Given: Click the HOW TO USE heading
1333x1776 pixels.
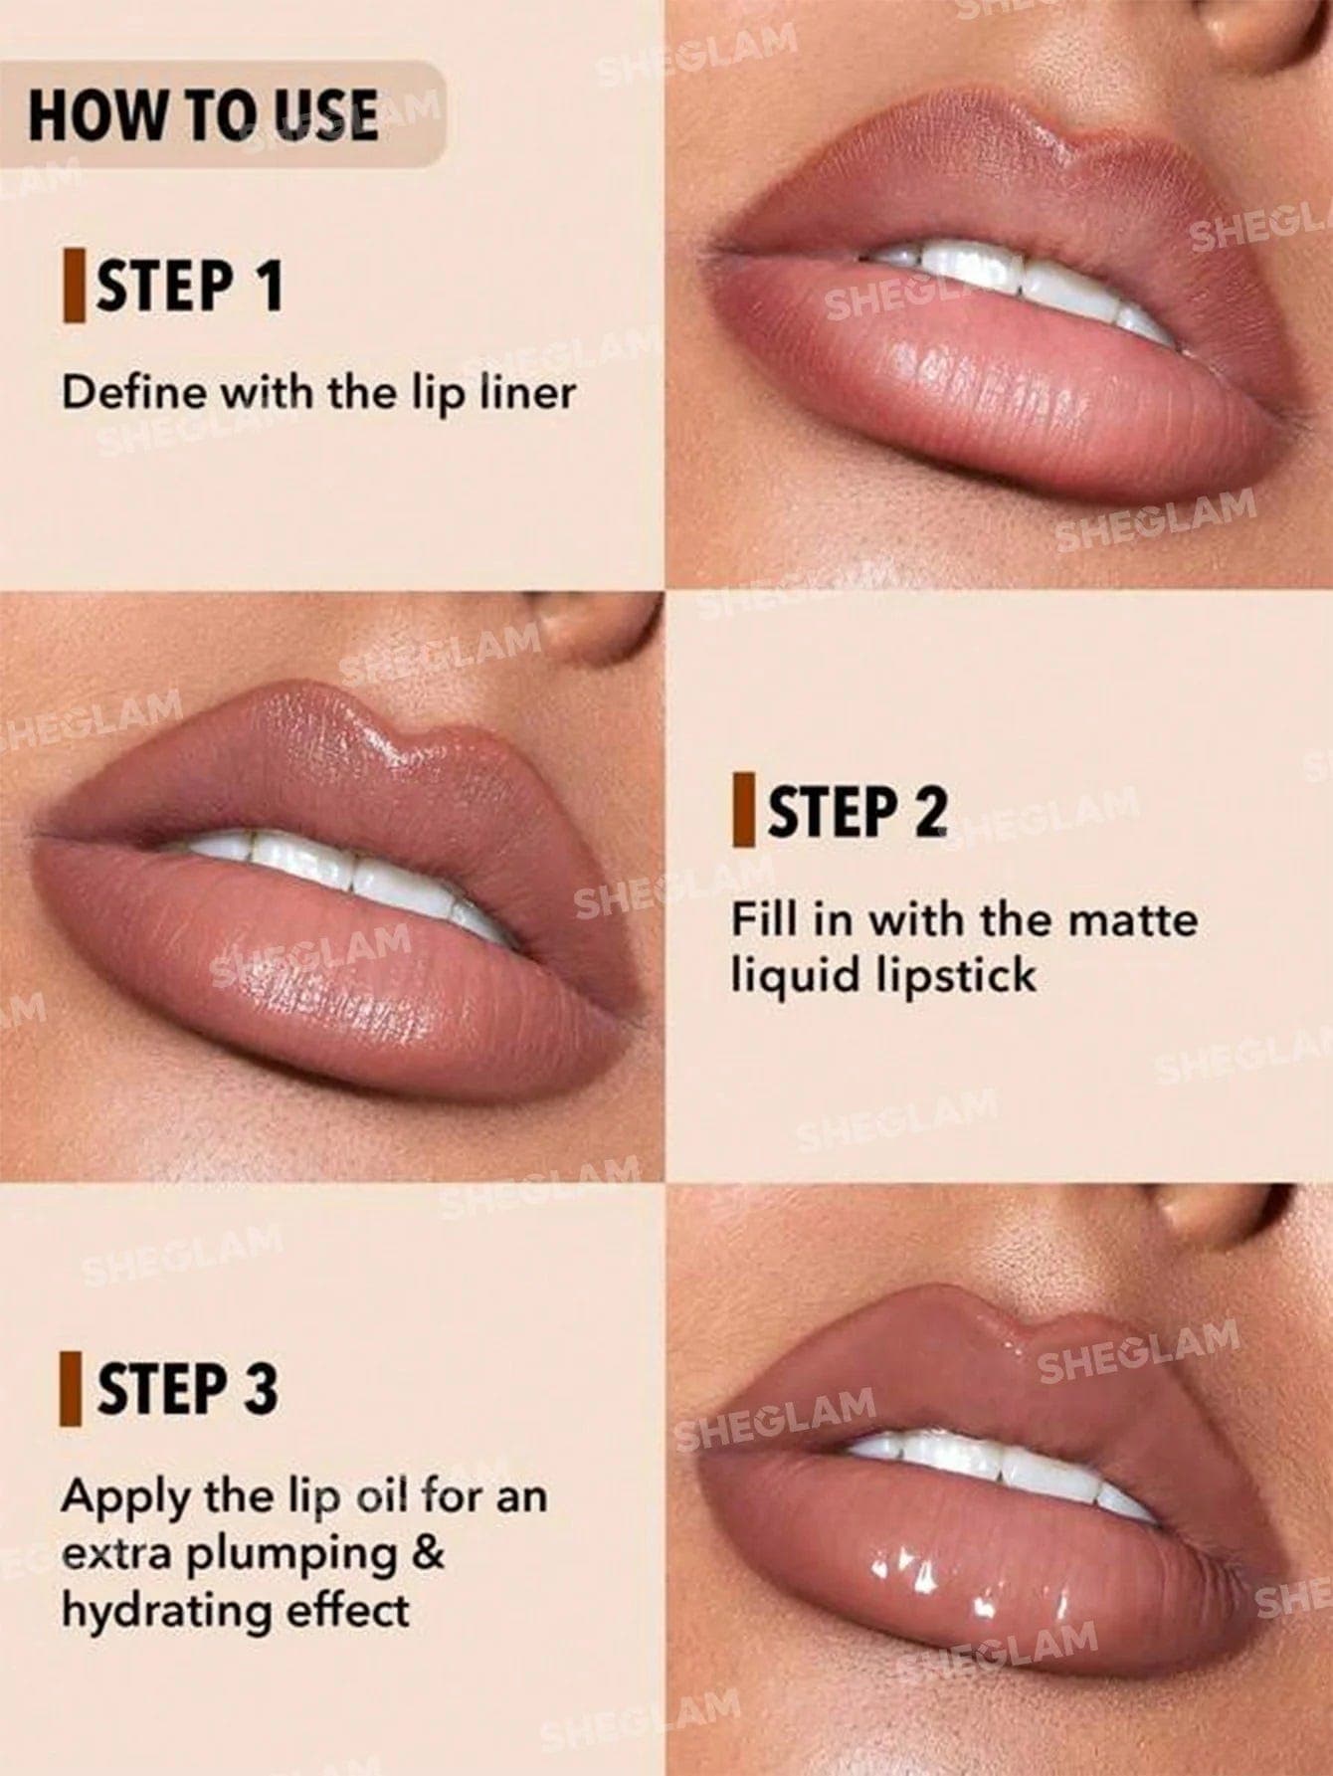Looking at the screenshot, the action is pos(204,114).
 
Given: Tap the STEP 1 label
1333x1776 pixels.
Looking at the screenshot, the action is pos(189,287).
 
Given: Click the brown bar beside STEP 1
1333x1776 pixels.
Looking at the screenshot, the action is pos(73,288).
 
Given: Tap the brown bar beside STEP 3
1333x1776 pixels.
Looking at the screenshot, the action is pos(72,1389).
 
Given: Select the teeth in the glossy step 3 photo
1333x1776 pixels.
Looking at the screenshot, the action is pos(995,1468).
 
